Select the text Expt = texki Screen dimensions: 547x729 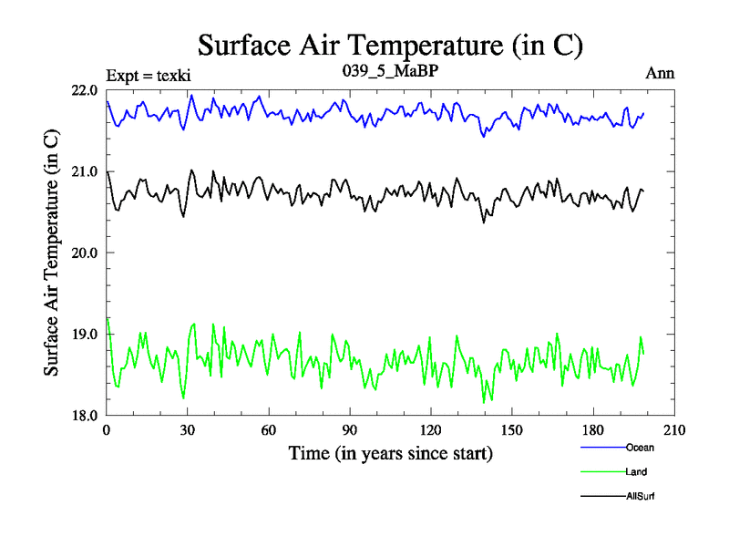(149, 74)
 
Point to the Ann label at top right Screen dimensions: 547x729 (660, 73)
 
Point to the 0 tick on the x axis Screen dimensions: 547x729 (107, 430)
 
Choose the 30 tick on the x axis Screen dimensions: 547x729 (188, 430)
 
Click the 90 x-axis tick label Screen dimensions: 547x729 (350, 430)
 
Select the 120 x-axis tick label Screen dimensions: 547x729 (431, 430)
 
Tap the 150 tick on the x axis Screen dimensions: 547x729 (512, 430)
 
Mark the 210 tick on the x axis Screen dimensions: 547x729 (674, 430)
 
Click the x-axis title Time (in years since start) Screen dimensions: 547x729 (390, 453)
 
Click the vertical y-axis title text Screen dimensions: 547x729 (52, 253)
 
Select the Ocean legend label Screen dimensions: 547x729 (640, 448)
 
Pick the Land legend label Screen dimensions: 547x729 (637, 472)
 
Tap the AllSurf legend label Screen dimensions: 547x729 (641, 497)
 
